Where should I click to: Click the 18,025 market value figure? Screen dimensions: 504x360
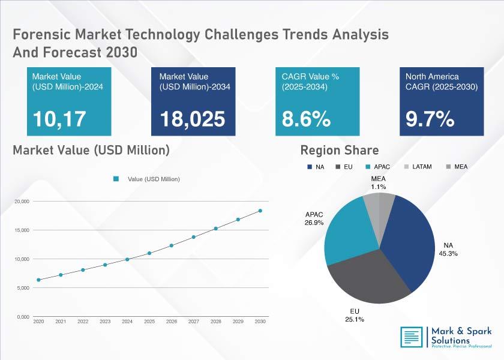pos(193,119)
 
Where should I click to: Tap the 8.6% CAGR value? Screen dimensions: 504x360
pos(306,119)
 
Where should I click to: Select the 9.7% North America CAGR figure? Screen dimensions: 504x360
pos(430,119)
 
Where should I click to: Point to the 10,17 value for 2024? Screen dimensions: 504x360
pos(59,119)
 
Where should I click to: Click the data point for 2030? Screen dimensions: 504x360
pos(260,211)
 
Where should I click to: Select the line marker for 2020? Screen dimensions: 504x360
pos(38,280)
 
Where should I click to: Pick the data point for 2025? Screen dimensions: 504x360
pos(149,253)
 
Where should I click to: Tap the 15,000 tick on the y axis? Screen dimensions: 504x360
pos(22,230)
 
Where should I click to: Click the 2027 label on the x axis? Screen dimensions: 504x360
pos(193,322)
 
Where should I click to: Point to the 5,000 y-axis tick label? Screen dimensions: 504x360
pos(23,288)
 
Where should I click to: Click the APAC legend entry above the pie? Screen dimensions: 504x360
pos(377,167)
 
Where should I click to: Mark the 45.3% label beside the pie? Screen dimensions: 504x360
pos(448,254)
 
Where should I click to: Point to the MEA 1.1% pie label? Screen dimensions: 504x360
pos(379,182)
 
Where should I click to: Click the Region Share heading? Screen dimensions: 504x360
pos(340,150)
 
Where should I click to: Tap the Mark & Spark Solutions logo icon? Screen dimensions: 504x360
pos(412,337)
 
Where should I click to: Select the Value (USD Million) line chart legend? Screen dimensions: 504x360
pos(146,179)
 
